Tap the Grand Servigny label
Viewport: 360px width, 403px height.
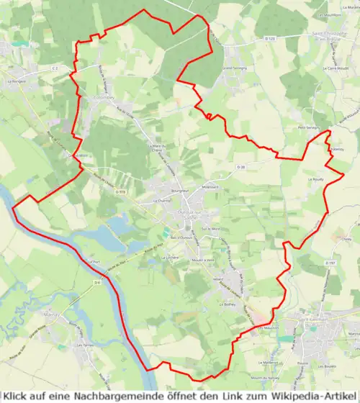(x=234, y=67)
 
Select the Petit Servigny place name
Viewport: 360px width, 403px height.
(x=308, y=127)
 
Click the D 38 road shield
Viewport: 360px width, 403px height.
(x=242, y=166)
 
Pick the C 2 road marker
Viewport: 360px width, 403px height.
(x=54, y=68)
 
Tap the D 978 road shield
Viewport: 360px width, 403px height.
(x=122, y=192)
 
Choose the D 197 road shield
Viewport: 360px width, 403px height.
(x=330, y=263)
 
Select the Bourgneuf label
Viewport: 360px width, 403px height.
(x=160, y=191)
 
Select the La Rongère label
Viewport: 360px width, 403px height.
(x=16, y=81)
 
